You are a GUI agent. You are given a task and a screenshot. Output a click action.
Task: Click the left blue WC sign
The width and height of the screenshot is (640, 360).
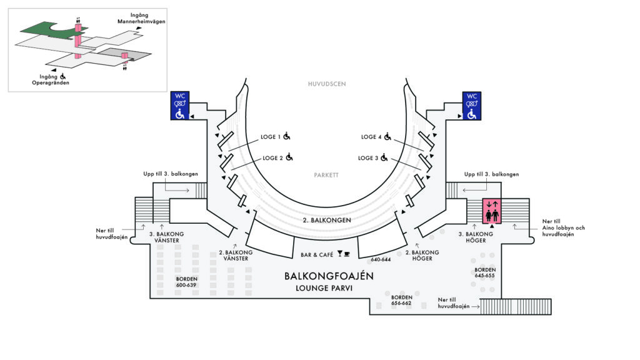click(x=180, y=106)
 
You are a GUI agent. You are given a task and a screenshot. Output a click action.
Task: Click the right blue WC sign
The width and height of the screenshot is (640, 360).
click(x=471, y=106)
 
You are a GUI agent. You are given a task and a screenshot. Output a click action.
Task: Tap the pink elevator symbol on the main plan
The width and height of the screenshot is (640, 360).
click(x=492, y=211)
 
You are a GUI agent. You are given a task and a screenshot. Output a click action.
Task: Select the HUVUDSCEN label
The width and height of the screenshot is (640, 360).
click(x=327, y=84)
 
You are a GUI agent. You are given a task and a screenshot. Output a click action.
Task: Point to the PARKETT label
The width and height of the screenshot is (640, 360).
click(x=326, y=175)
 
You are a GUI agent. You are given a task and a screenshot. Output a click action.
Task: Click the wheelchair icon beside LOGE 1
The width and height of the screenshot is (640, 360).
click(x=287, y=136)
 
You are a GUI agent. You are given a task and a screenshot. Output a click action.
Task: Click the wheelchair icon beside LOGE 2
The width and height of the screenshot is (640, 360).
click(x=289, y=157)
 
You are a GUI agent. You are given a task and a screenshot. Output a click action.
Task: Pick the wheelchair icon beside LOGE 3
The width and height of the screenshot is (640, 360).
click(x=384, y=157)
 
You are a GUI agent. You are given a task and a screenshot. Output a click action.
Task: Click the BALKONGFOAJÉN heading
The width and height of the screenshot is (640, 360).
click(x=329, y=276)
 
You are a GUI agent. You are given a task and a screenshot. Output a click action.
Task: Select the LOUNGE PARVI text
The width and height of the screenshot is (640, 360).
click(x=324, y=288)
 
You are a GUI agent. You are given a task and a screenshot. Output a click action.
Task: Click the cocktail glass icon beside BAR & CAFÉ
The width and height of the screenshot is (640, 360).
click(x=339, y=254)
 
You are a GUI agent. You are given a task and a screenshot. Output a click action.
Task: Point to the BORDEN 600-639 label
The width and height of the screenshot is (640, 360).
click(x=186, y=282)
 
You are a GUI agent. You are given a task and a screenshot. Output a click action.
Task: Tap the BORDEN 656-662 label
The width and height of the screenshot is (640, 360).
click(x=401, y=301)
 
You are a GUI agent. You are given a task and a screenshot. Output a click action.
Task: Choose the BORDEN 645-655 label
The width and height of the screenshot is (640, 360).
click(x=485, y=272)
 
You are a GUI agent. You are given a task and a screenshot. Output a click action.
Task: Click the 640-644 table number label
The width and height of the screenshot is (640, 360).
click(x=381, y=259)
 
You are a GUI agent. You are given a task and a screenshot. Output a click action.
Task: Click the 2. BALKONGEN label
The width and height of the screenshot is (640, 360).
click(x=327, y=220)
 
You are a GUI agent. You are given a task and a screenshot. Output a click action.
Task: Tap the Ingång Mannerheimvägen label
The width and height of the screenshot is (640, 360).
click(x=141, y=18)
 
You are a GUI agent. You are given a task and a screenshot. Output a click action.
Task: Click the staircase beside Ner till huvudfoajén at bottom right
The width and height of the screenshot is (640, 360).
click(x=516, y=306)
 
